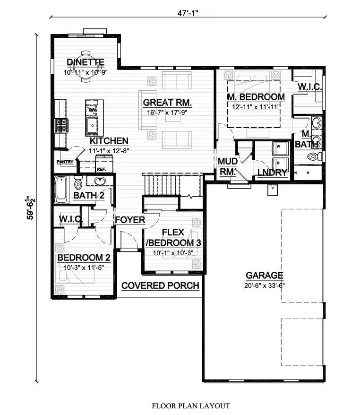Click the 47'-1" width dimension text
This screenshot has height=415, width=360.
(188, 13)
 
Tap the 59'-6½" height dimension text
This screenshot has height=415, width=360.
(31, 208)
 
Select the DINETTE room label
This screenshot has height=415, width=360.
(86, 62)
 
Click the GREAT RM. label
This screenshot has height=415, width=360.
(167, 103)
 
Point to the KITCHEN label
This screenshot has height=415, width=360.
(109, 141)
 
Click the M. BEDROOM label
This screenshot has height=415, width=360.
(256, 97)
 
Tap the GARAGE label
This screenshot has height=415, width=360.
(265, 276)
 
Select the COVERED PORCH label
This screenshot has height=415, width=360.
(160, 286)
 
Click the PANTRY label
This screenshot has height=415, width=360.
(65, 162)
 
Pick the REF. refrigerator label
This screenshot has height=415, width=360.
(101, 169)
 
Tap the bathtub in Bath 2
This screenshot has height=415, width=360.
(61, 190)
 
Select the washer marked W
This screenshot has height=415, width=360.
(280, 148)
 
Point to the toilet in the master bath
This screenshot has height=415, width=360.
(315, 156)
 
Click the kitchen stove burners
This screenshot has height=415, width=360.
(61, 126)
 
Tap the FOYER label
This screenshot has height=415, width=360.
(130, 220)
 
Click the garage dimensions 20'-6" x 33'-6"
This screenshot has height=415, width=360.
(265, 285)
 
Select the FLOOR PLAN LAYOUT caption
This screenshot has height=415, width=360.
(191, 406)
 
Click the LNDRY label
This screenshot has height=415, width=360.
(273, 173)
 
